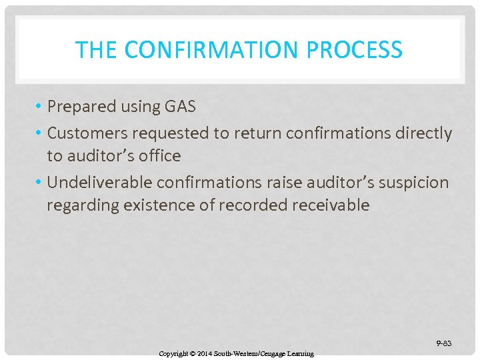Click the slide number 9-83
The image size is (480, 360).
pos(443,343)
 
